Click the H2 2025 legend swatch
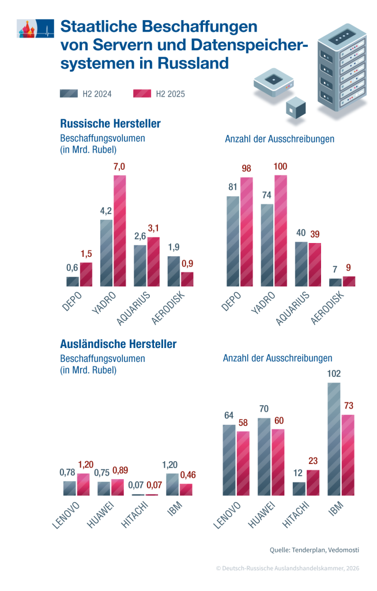tap(142, 94)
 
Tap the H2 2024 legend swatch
tap(69, 94)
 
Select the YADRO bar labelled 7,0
tap(120, 231)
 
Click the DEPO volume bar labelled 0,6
tap(73, 282)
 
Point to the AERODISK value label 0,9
tap(187, 263)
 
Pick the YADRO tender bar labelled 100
tap(281, 231)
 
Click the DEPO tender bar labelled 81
tap(233, 241)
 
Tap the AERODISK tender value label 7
tap(335, 269)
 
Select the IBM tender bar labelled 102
tap(334, 439)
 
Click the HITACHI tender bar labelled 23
tap(313, 482)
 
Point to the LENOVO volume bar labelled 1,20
tap(83, 484)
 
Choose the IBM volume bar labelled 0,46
tap(186, 489)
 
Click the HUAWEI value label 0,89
tap(120, 470)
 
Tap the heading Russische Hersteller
tap(110, 124)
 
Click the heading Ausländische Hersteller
tap(118, 344)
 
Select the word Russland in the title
tap(193, 63)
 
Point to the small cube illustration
tap(295, 108)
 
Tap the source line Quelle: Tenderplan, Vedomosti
tap(314, 550)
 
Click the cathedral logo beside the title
tap(35, 29)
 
